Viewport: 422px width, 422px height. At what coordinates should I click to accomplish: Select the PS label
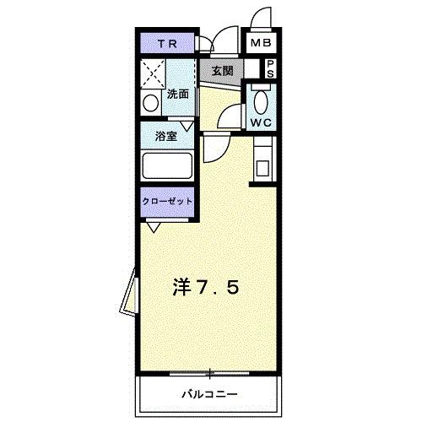click(270, 68)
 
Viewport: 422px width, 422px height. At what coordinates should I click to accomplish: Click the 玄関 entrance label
click(221, 69)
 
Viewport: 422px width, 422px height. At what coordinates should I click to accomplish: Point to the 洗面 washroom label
click(177, 95)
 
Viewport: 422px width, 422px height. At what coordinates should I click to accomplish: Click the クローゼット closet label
click(166, 202)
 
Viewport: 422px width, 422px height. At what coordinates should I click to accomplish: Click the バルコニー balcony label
click(210, 393)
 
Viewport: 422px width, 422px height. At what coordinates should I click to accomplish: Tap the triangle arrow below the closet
click(154, 226)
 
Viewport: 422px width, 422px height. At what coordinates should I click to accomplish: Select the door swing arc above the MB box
click(261, 18)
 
